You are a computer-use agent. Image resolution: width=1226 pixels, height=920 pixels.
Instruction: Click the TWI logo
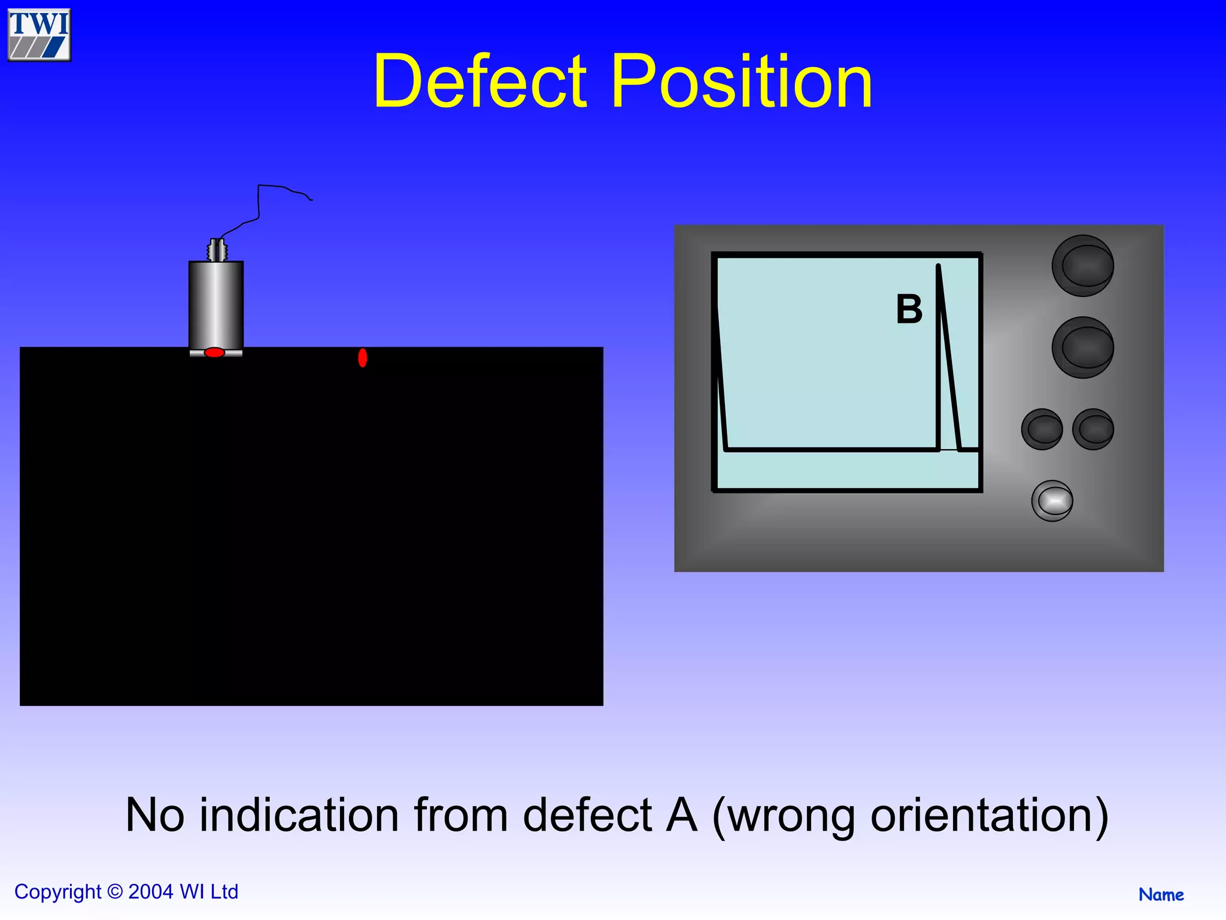(x=39, y=35)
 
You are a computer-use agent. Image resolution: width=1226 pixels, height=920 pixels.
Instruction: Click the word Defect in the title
(x=480, y=81)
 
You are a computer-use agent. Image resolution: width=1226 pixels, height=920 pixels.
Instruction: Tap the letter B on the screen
(x=909, y=310)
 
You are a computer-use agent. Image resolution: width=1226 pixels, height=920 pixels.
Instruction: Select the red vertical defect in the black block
(x=362, y=358)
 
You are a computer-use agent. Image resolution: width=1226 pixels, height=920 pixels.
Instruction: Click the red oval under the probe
(x=214, y=352)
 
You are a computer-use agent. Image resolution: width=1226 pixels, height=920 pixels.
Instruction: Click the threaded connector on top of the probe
(x=217, y=250)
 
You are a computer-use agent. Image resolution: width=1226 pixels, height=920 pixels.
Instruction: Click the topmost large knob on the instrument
(x=1082, y=265)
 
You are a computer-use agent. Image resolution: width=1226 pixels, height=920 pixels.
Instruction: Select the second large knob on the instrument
(x=1082, y=347)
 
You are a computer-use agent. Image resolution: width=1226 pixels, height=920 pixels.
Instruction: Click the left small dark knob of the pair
(x=1042, y=429)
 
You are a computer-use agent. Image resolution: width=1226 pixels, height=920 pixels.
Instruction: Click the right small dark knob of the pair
(x=1093, y=429)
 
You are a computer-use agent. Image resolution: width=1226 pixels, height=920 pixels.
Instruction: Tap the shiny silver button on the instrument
(x=1052, y=501)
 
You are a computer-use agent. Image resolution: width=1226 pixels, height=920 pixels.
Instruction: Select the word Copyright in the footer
(x=57, y=892)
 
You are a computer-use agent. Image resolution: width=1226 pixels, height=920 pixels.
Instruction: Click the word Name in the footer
(x=1161, y=895)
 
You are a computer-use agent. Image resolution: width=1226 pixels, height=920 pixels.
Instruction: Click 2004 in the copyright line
(x=151, y=892)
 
